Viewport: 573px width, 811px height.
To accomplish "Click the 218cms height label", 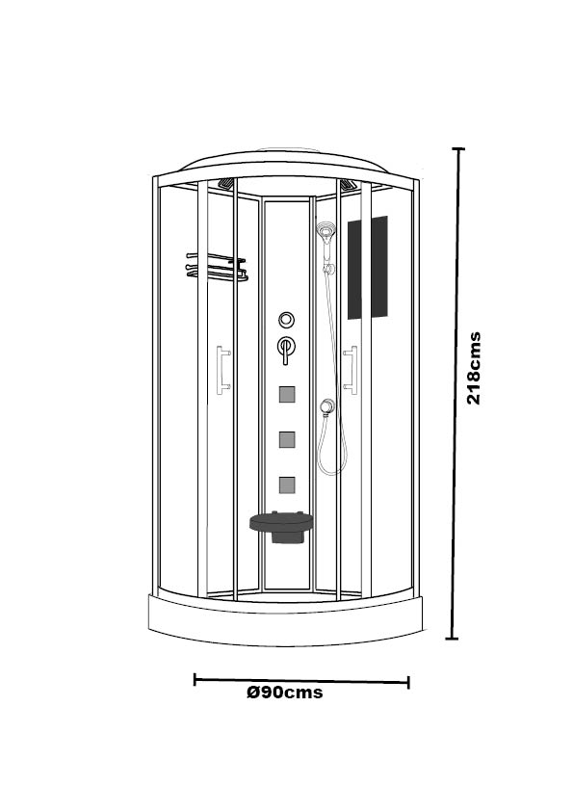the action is tap(474, 368).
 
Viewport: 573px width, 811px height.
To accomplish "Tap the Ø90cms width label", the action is tap(284, 692).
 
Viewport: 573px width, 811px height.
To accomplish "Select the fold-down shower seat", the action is tap(282, 526).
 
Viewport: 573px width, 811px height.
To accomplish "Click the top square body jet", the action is tap(287, 394).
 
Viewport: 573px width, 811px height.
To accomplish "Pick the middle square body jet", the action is tap(287, 439).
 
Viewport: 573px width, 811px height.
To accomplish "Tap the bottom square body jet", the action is tap(287, 484).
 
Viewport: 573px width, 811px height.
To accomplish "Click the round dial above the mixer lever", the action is tap(287, 320).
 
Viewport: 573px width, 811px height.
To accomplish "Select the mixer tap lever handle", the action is tap(286, 350).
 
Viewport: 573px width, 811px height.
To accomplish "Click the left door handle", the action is tap(222, 370).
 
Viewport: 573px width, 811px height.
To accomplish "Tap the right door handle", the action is tap(351, 370).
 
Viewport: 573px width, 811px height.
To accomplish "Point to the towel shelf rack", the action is tap(217, 267).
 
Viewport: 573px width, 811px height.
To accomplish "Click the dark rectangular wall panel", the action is tap(367, 268).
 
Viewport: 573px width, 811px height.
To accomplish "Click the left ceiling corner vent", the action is tap(226, 184).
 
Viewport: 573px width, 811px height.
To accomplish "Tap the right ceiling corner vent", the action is tap(346, 184).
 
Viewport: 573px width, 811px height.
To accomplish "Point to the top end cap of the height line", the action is tap(458, 149).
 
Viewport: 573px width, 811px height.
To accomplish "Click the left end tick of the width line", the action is tap(195, 679).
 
